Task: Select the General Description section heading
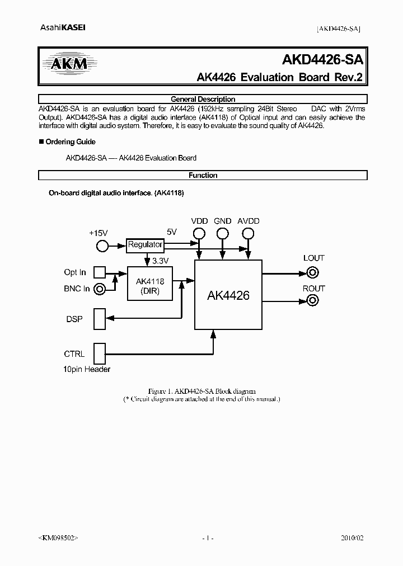coord(203,99)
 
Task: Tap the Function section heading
coord(203,175)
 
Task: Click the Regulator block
coord(145,244)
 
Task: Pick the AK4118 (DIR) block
coord(149,284)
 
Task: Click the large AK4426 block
coord(228,295)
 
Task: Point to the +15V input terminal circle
coord(102,246)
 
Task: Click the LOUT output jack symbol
coord(313,273)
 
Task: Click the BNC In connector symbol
coord(100,289)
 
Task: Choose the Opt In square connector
coord(99,272)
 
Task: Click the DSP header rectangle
coord(99,319)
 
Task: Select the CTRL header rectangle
coord(99,353)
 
